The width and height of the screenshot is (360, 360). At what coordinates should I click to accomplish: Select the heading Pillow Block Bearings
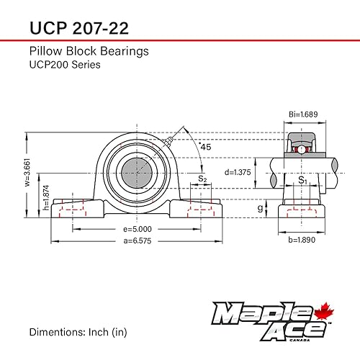(x=89, y=51)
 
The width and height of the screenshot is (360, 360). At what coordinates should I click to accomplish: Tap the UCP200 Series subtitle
(x=65, y=65)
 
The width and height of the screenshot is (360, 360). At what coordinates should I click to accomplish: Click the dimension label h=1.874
(x=45, y=202)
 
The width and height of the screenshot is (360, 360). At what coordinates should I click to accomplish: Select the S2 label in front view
(x=202, y=178)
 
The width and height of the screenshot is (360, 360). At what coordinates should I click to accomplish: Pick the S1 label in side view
(x=303, y=181)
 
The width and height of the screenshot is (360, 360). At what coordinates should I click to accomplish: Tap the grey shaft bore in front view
(x=134, y=172)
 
